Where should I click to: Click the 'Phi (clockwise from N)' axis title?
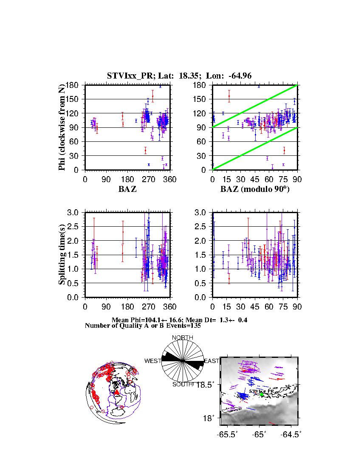pyautogui.click(x=62, y=127)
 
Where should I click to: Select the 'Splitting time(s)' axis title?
pyautogui.click(x=62, y=255)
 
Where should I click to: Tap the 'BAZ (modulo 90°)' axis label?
pyautogui.click(x=255, y=189)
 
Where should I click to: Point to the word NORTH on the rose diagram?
pyautogui.click(x=183, y=338)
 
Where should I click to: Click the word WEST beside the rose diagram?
pyautogui.click(x=153, y=361)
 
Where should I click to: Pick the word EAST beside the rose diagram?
pyautogui.click(x=212, y=361)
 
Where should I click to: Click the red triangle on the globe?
pyautogui.click(x=117, y=392)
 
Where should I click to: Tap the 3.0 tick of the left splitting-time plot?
pyautogui.click(x=73, y=212)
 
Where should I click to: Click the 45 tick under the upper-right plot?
pyautogui.click(x=255, y=180)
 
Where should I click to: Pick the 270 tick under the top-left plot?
pyautogui.click(x=149, y=180)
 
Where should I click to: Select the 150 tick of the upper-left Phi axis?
pyautogui.click(x=73, y=99)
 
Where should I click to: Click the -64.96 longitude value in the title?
pyautogui.click(x=240, y=76)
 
